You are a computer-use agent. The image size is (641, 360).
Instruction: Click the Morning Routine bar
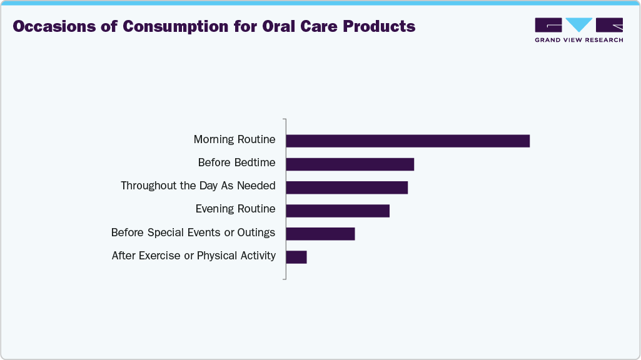(x=408, y=141)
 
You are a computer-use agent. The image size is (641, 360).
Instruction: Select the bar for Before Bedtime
(x=350, y=164)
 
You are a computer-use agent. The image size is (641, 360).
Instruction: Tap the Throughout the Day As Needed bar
(x=346, y=187)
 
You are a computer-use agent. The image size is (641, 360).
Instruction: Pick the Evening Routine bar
(x=338, y=210)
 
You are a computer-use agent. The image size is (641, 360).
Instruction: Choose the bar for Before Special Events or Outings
(x=320, y=233)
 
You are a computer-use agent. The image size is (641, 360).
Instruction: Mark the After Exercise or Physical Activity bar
(x=296, y=256)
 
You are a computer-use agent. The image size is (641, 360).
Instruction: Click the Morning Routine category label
(x=235, y=139)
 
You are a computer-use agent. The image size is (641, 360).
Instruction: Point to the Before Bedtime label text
(x=236, y=162)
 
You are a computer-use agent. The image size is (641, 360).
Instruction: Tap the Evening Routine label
(x=235, y=209)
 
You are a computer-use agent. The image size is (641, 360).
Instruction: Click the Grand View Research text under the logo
(x=578, y=40)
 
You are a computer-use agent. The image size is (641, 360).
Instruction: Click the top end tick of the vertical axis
(x=285, y=119)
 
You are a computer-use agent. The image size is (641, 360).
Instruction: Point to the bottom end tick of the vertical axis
(x=285, y=279)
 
